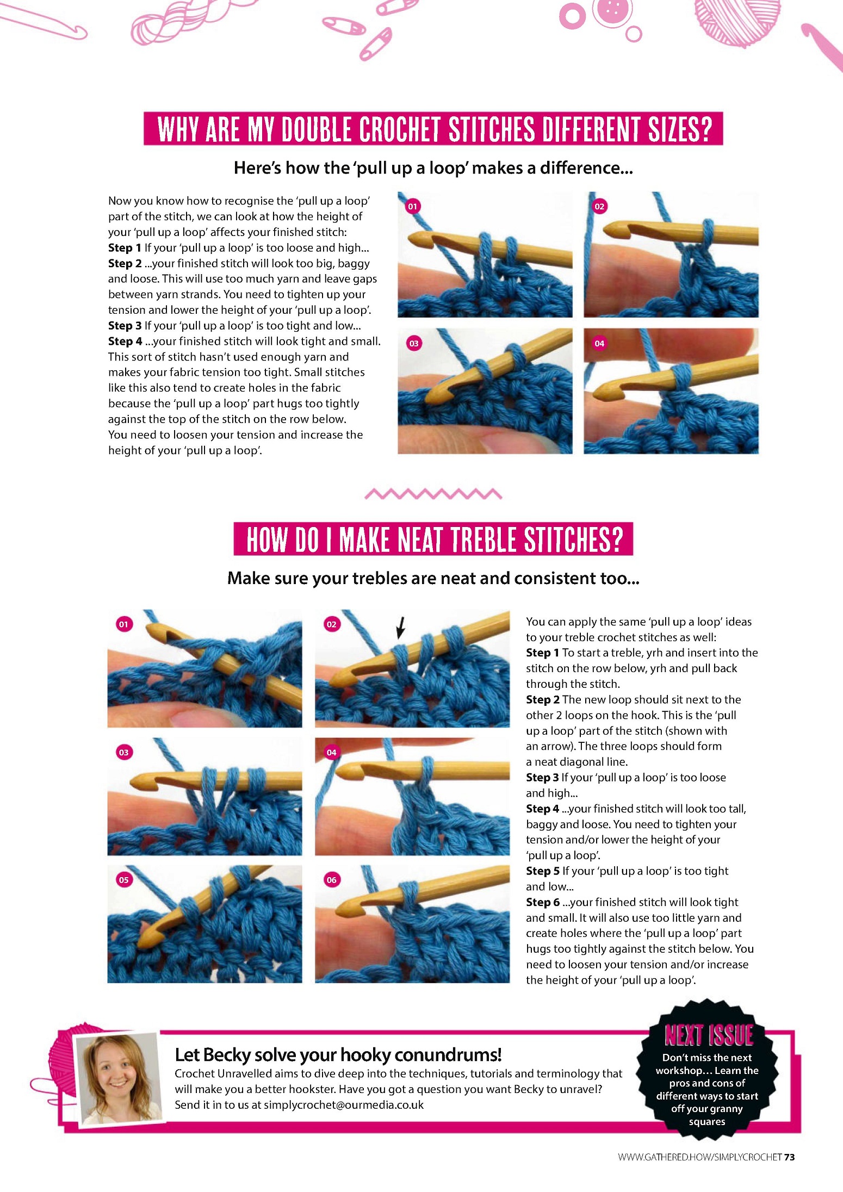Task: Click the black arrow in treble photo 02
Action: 401,628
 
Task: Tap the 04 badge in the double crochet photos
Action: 599,343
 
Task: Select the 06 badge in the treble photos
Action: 331,880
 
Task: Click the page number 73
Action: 789,1157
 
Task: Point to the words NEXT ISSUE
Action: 709,1036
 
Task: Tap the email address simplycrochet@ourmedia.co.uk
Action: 344,1105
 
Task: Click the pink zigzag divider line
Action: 433,494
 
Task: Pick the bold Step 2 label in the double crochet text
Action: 125,264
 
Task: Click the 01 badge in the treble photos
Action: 123,624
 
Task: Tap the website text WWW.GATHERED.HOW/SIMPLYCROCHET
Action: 699,1157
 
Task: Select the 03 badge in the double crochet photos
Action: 414,343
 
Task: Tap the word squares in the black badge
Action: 707,1121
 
